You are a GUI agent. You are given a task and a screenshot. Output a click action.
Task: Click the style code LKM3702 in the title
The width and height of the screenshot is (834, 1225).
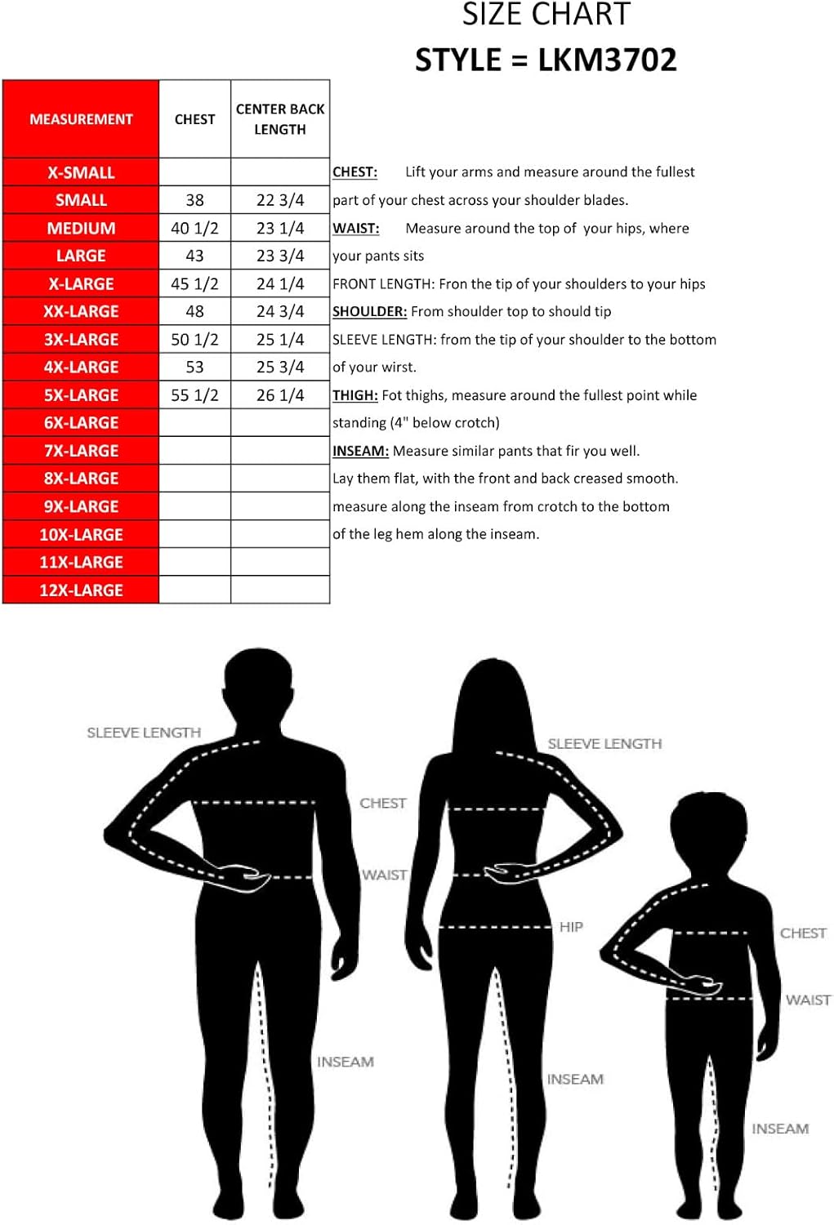pyautogui.click(x=607, y=60)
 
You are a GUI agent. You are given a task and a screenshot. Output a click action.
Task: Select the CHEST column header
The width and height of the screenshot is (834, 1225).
pyautogui.click(x=194, y=119)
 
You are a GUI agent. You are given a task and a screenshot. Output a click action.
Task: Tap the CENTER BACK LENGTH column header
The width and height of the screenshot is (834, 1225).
pyautogui.click(x=280, y=119)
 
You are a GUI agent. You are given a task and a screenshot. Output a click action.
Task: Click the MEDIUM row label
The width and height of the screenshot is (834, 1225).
pyautogui.click(x=81, y=229)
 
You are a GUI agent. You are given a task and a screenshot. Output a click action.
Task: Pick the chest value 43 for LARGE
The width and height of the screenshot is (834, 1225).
pyautogui.click(x=194, y=256)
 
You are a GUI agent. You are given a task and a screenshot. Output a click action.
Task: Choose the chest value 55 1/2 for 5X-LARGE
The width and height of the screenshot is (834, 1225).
pyautogui.click(x=194, y=395)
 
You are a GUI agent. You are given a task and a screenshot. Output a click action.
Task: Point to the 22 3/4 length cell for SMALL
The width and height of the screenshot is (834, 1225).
pyautogui.click(x=280, y=200)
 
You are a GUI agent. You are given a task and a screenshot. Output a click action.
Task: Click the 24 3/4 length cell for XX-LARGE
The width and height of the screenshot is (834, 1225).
pyautogui.click(x=280, y=312)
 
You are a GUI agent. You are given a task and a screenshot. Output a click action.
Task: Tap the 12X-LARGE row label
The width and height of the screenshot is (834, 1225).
pyautogui.click(x=81, y=590)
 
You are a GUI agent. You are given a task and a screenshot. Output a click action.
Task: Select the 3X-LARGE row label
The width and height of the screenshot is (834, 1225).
pyautogui.click(x=81, y=340)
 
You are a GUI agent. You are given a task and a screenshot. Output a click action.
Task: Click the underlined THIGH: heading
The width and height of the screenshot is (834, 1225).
pyautogui.click(x=355, y=395)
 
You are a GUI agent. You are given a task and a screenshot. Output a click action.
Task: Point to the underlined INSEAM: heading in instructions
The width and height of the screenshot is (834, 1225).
pyautogui.click(x=360, y=451)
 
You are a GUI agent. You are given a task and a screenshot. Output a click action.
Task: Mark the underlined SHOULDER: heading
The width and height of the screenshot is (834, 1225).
pyautogui.click(x=369, y=312)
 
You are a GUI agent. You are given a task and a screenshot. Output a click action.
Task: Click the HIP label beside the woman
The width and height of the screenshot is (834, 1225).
pyautogui.click(x=571, y=927)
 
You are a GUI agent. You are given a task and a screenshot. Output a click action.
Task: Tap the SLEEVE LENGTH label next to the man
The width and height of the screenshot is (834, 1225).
pyautogui.click(x=144, y=733)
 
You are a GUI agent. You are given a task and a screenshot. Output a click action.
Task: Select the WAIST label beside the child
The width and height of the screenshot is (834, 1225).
pyautogui.click(x=808, y=1000)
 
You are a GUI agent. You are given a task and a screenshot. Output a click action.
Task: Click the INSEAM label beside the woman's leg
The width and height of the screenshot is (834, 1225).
pyautogui.click(x=575, y=1079)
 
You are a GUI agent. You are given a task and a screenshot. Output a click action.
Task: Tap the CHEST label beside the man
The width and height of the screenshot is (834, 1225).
pyautogui.click(x=382, y=803)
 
